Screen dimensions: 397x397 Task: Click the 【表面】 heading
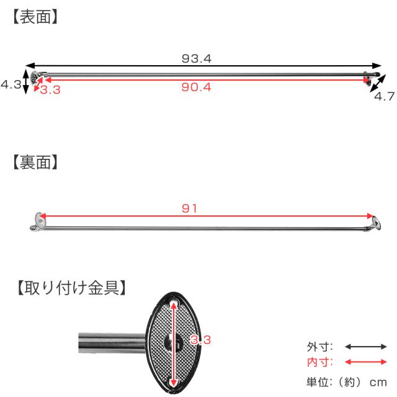point(35,17)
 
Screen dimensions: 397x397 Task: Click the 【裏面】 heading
point(35,163)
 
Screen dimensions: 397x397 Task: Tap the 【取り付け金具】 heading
point(71,288)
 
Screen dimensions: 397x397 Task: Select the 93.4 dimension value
point(197,59)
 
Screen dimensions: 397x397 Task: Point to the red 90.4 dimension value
point(196,87)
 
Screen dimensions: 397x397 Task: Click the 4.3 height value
point(11,84)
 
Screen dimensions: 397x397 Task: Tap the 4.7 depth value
point(385,96)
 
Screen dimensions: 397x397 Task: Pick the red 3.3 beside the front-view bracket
point(50,90)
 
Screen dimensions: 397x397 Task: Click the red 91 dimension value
point(189,208)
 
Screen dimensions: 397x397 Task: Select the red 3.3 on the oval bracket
point(200,340)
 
